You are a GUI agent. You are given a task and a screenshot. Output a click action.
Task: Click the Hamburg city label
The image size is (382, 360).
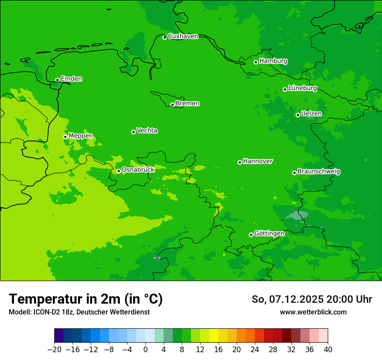[x=273, y=61]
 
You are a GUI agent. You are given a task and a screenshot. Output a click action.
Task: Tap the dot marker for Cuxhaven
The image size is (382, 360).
[x=165, y=37]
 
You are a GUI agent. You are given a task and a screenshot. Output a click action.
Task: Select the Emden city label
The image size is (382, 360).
[x=71, y=79]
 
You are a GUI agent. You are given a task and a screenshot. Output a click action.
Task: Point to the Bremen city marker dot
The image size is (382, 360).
[x=172, y=105]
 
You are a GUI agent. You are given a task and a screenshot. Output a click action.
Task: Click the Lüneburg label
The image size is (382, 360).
[x=302, y=88]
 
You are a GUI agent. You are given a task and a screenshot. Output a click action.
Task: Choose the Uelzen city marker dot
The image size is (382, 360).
[x=298, y=115]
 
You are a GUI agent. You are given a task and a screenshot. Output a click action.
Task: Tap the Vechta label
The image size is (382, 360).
[x=147, y=131]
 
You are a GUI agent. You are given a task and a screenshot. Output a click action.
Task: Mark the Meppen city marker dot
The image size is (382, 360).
[x=65, y=137]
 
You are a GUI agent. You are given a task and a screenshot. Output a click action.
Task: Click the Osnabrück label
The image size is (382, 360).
[x=138, y=170]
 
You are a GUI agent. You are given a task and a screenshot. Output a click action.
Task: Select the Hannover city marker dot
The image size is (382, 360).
[x=240, y=162]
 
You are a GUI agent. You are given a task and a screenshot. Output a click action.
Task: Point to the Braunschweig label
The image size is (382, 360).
[x=319, y=172]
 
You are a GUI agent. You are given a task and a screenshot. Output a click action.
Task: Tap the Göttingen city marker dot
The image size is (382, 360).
[x=251, y=235]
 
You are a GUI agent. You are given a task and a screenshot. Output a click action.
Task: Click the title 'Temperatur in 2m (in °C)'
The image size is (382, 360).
[x=86, y=299]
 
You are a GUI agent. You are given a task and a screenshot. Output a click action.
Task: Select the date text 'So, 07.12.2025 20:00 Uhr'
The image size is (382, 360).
[x=312, y=299]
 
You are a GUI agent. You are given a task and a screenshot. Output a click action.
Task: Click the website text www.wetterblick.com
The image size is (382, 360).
[x=313, y=312]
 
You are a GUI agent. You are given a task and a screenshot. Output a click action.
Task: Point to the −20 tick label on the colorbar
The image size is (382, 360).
[x=54, y=350]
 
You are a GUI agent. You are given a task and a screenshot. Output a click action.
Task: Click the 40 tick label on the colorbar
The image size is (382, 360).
[x=328, y=350]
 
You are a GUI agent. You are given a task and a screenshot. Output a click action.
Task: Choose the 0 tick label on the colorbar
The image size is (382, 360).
[x=145, y=350]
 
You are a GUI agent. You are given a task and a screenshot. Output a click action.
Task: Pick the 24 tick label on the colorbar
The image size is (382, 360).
[x=255, y=350]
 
